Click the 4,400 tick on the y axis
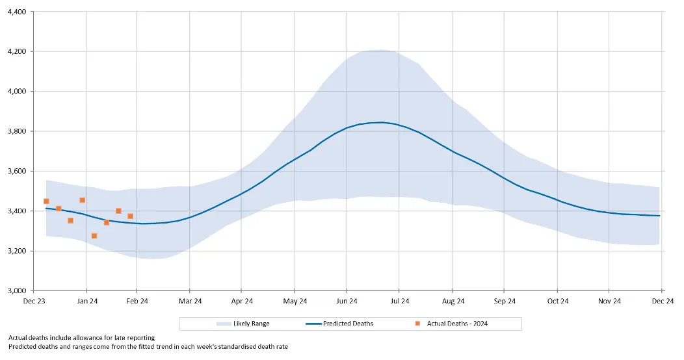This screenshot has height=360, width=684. (x=16, y=12)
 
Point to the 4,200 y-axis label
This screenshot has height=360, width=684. (x=16, y=51)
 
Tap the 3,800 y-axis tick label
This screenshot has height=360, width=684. (x=16, y=131)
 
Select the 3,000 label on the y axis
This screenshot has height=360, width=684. (x=16, y=290)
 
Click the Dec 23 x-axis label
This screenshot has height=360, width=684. (x=34, y=301)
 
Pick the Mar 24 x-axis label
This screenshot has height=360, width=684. (x=190, y=301)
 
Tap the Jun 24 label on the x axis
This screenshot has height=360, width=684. (x=347, y=301)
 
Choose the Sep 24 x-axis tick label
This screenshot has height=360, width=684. (x=505, y=301)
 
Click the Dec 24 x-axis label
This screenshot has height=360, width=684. (x=662, y=301)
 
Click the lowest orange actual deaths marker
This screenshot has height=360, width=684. (x=94, y=236)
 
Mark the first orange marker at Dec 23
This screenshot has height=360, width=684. (x=46, y=201)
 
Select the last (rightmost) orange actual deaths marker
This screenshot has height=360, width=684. (x=130, y=216)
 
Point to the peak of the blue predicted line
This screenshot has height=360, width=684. (x=380, y=122)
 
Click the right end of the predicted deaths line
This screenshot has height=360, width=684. (x=659, y=216)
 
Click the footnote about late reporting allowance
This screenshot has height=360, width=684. (x=82, y=337)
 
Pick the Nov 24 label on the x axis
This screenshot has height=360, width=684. (x=609, y=301)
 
